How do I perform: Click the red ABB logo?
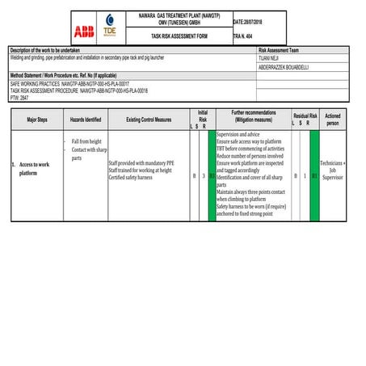tap(82, 32)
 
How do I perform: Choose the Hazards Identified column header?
tap(86, 119)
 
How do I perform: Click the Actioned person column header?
tap(332, 119)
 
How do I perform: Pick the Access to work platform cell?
tap(36, 169)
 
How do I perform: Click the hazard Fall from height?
tap(86, 141)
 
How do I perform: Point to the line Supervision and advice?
tap(238, 133)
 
